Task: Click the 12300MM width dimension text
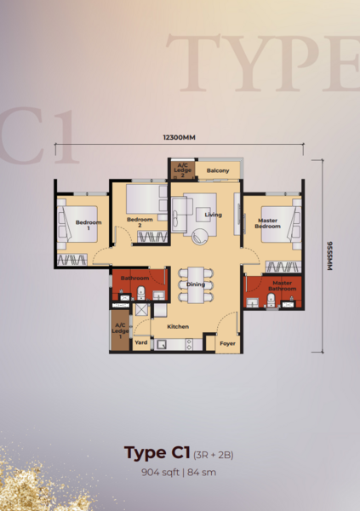pos(180,137)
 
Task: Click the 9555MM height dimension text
pos(329,255)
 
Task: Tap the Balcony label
pos(218,170)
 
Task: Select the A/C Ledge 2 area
pos(183,170)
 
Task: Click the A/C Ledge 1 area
pos(120,330)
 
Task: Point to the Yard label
pos(141,342)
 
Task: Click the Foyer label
pos(227,343)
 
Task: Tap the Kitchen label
pos(178,326)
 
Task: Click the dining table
pos(196,285)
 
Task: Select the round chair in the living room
pos(199,236)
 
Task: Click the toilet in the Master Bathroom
pos(271,300)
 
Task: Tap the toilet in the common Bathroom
pos(140,293)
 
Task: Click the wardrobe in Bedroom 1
pos(72,260)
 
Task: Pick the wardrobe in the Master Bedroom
pos(283,267)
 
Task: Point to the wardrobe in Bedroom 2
pos(152,237)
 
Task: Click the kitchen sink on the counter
pos(162,345)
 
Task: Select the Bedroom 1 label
pos(89,225)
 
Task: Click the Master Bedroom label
pos(267,223)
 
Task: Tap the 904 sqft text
pos(160,472)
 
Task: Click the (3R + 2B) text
pos(214,455)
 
